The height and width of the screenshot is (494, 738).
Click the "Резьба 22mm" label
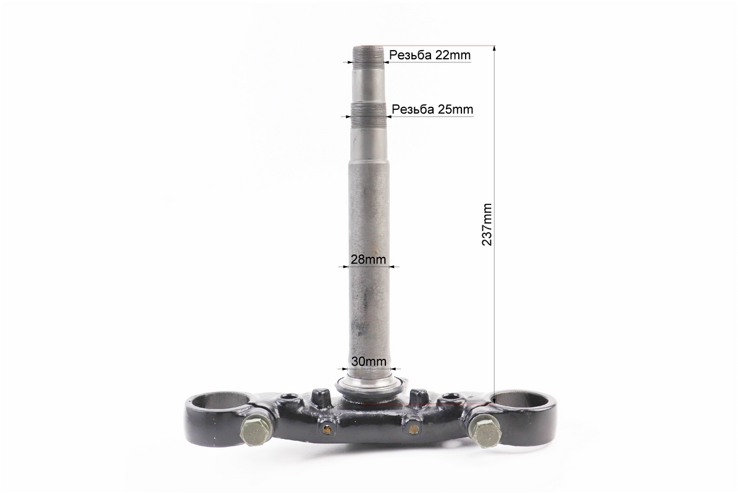430,55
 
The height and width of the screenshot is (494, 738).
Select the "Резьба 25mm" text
432,109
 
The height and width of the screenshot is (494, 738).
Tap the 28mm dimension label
368,259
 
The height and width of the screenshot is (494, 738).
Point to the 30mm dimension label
369,361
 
